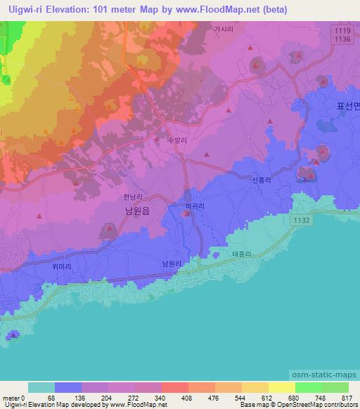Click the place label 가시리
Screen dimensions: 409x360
coord(223,30)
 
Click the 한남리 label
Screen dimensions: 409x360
coord(133,197)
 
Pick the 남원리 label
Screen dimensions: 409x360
coord(172,263)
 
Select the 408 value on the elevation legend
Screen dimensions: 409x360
coord(186,397)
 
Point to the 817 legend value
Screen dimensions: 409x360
coord(346,397)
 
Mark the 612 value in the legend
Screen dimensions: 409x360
coord(266,397)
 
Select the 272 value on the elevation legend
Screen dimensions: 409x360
coord(133,397)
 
